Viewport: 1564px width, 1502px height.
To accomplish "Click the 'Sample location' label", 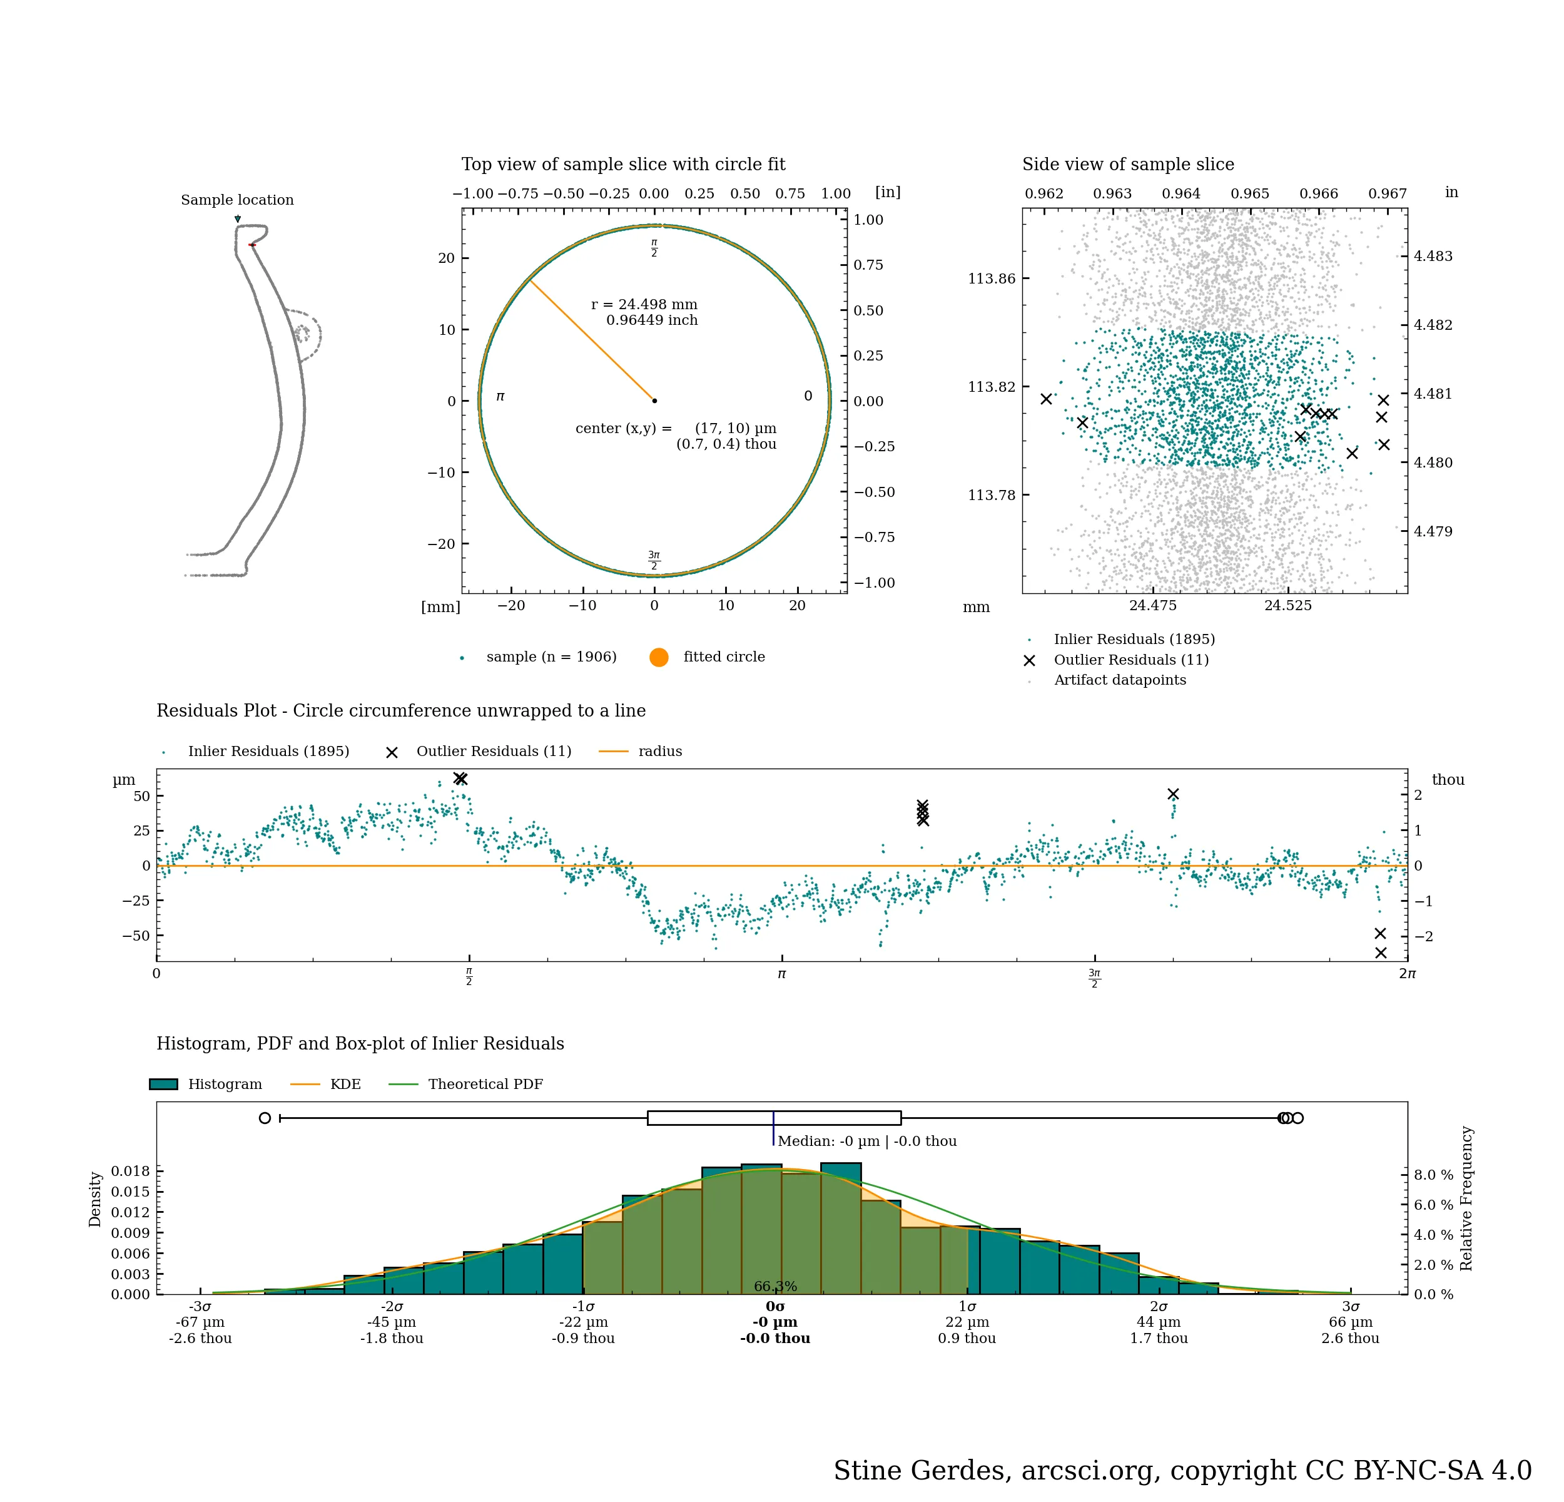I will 237,200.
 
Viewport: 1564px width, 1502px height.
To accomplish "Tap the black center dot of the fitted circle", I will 654,401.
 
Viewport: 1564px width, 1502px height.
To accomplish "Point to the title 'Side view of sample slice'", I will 1127,165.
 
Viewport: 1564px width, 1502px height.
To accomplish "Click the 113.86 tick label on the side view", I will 992,278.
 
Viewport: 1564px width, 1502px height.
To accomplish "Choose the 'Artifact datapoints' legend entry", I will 1120,681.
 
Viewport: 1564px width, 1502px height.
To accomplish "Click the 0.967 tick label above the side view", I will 1387,194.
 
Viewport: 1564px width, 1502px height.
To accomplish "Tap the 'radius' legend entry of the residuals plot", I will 660,752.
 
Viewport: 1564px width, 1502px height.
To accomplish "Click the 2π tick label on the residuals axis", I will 1407,974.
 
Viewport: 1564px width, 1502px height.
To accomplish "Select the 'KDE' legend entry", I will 345,1085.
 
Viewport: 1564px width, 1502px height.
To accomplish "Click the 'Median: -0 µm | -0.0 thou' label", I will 866,1142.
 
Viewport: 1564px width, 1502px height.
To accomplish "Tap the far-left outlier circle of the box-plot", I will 265,1118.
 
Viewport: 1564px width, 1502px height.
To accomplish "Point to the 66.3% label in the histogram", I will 775,1287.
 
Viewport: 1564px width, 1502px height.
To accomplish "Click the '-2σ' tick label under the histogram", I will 392,1307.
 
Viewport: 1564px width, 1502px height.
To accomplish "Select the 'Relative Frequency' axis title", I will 1466,1198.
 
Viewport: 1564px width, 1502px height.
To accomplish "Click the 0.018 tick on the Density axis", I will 130,1172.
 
